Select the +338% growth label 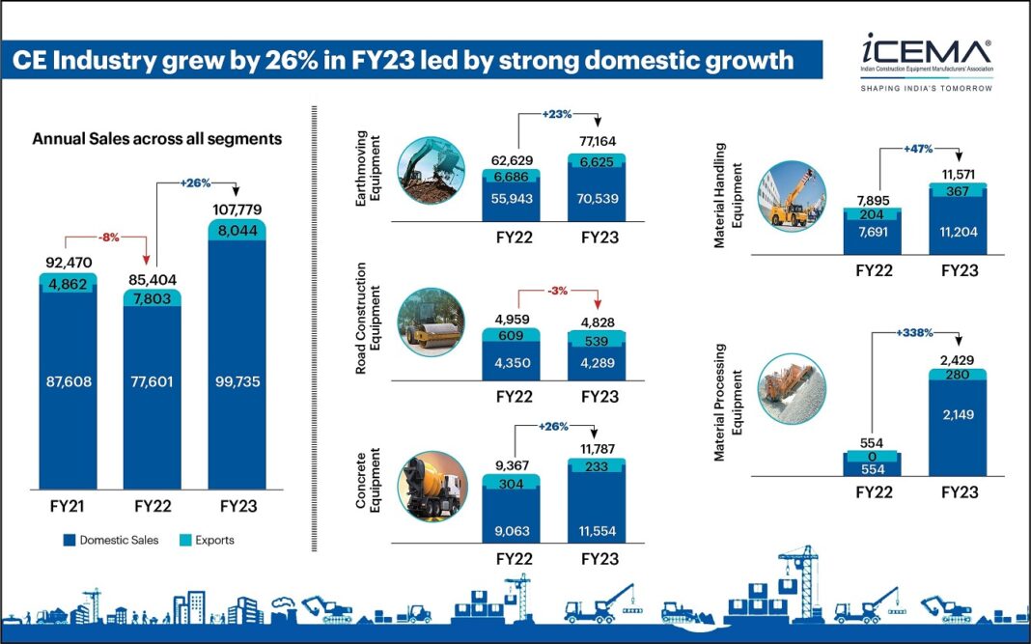coord(913,333)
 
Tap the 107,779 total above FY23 coord(236,210)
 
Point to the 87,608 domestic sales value coord(69,382)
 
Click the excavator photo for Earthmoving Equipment coord(430,171)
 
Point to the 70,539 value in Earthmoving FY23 coord(598,200)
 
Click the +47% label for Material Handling coord(913,150)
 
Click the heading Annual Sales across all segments coord(157,139)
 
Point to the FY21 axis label coord(69,506)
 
